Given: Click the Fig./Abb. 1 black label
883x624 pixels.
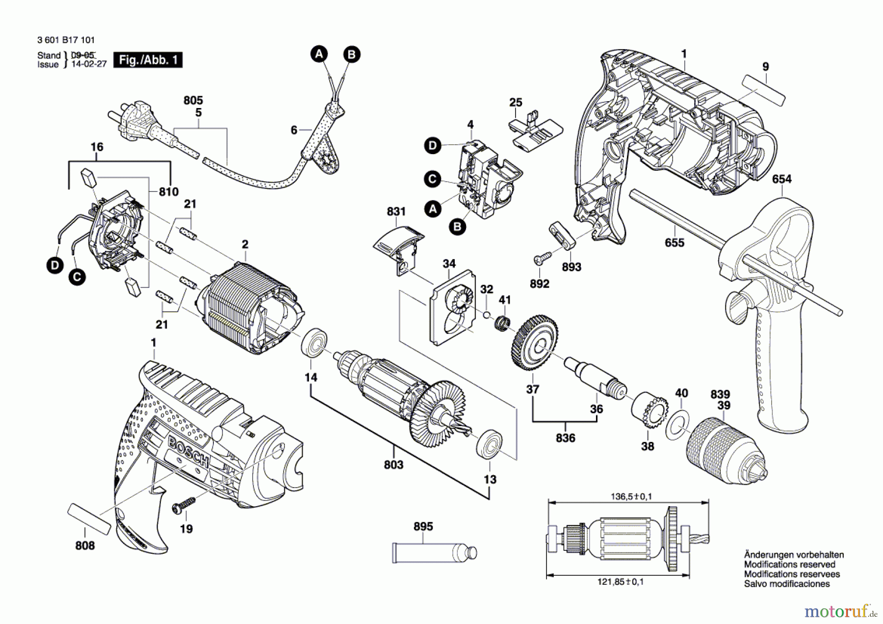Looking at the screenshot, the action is [x=148, y=60].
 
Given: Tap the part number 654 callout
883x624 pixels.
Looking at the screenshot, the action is [x=781, y=179].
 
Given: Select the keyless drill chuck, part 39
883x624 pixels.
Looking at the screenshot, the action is [x=726, y=449].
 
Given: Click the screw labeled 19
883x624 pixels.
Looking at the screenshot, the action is [x=183, y=506].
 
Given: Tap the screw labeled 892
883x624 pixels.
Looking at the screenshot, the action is [x=542, y=257].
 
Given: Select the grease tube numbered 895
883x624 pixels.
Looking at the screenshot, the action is [x=434, y=552].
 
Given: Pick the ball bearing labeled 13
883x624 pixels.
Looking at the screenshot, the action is [x=489, y=445].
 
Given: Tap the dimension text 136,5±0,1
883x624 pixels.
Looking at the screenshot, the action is [x=631, y=496].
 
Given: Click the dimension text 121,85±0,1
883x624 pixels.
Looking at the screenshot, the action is [x=621, y=582].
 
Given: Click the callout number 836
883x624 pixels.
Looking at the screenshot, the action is [x=565, y=438].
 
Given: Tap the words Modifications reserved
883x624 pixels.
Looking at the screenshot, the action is [x=789, y=565].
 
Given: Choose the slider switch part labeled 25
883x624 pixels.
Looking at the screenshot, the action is [x=537, y=131].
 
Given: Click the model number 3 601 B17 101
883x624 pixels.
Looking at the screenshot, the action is [x=66, y=40].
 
